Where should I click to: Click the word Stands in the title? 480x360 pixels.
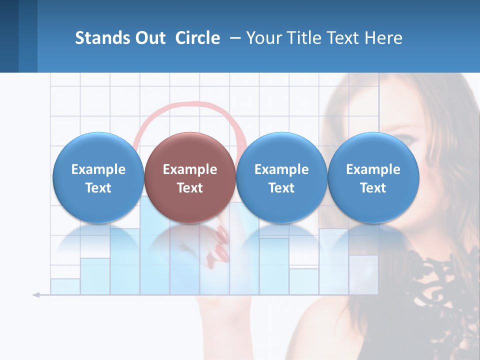[102, 38]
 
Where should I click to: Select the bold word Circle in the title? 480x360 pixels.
[197, 38]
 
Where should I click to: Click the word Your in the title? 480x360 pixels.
[264, 38]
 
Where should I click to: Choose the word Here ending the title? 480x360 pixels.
[383, 38]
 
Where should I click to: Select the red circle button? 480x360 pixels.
[189, 177]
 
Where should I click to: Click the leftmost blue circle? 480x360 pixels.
[98, 177]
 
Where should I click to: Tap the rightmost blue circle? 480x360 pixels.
[373, 177]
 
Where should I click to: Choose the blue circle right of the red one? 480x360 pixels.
[281, 177]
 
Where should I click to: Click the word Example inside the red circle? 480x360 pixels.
[189, 169]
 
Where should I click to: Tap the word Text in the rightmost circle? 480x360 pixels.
[373, 188]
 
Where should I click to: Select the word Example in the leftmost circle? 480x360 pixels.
[98, 169]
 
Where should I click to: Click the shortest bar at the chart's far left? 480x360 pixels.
[65, 286]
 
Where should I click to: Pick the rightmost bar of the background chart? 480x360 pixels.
[363, 274]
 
